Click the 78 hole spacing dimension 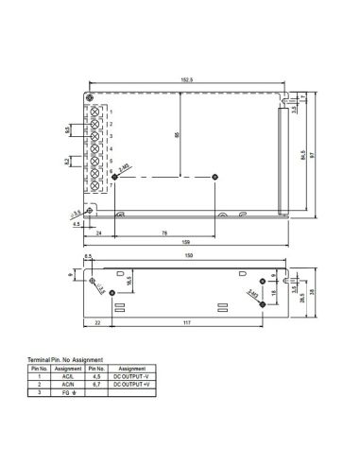[166, 232]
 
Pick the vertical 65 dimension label [176, 135]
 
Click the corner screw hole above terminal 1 [91, 98]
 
